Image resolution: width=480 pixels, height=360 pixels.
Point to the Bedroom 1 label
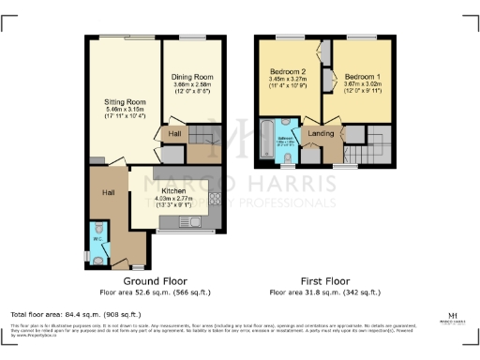point(362,75)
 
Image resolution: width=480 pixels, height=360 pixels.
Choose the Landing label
point(321,133)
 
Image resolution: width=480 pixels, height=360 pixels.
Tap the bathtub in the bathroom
point(266,140)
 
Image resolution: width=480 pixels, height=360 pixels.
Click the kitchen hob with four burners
point(214,199)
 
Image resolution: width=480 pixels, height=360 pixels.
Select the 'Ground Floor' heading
point(156,280)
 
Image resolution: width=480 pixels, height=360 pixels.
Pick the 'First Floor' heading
point(322,280)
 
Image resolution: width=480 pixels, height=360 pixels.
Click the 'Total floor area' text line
point(75,314)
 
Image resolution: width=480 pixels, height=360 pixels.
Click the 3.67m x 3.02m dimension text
point(362,83)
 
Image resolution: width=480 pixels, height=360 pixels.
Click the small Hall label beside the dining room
point(174,134)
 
